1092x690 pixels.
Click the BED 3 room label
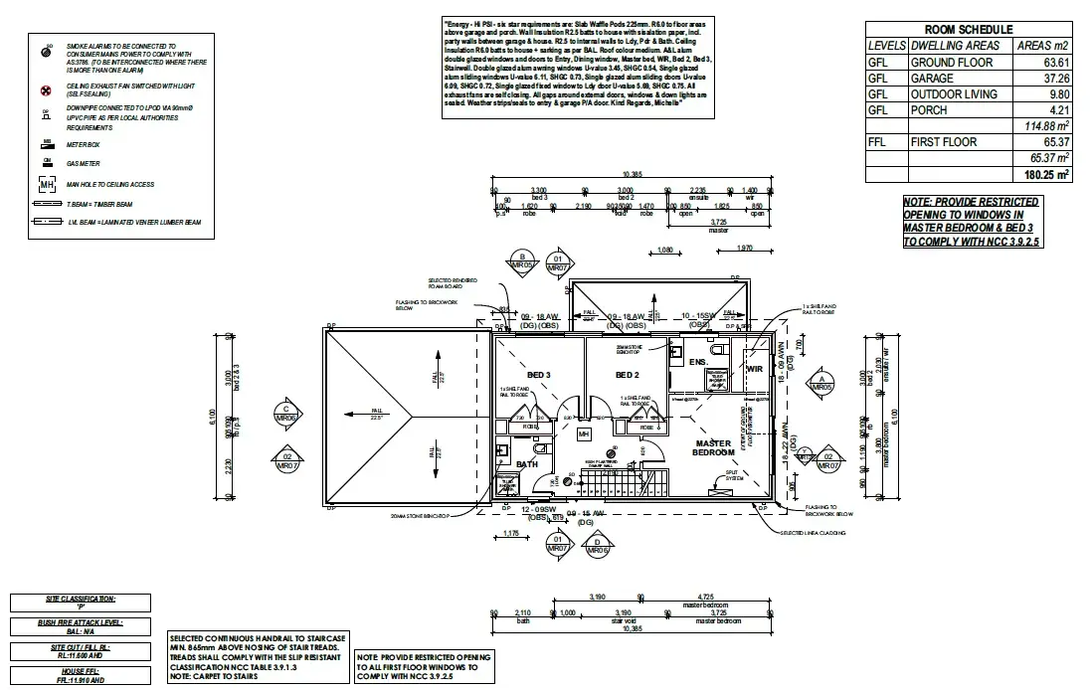coord(540,374)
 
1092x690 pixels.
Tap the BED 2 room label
coord(627,374)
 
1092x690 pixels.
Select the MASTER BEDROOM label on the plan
coord(713,448)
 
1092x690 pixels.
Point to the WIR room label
coord(753,369)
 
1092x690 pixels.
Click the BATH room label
coord(527,463)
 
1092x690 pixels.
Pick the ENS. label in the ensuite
coord(698,362)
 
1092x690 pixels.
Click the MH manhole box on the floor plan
coord(584,434)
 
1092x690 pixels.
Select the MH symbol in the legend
coord(45,185)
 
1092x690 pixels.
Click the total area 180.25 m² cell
coord(1046,174)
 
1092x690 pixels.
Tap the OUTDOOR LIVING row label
coord(946,93)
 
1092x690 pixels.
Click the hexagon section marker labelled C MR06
coord(286,413)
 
